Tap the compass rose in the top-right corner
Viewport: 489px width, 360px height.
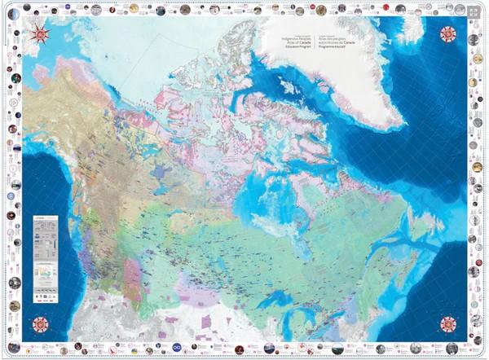tap(447, 34)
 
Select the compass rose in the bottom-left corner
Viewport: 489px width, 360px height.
tap(38, 324)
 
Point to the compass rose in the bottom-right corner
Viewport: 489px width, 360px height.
tap(448, 323)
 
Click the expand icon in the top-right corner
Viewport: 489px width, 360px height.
tap(474, 14)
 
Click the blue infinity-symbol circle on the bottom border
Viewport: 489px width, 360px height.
tap(244, 349)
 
